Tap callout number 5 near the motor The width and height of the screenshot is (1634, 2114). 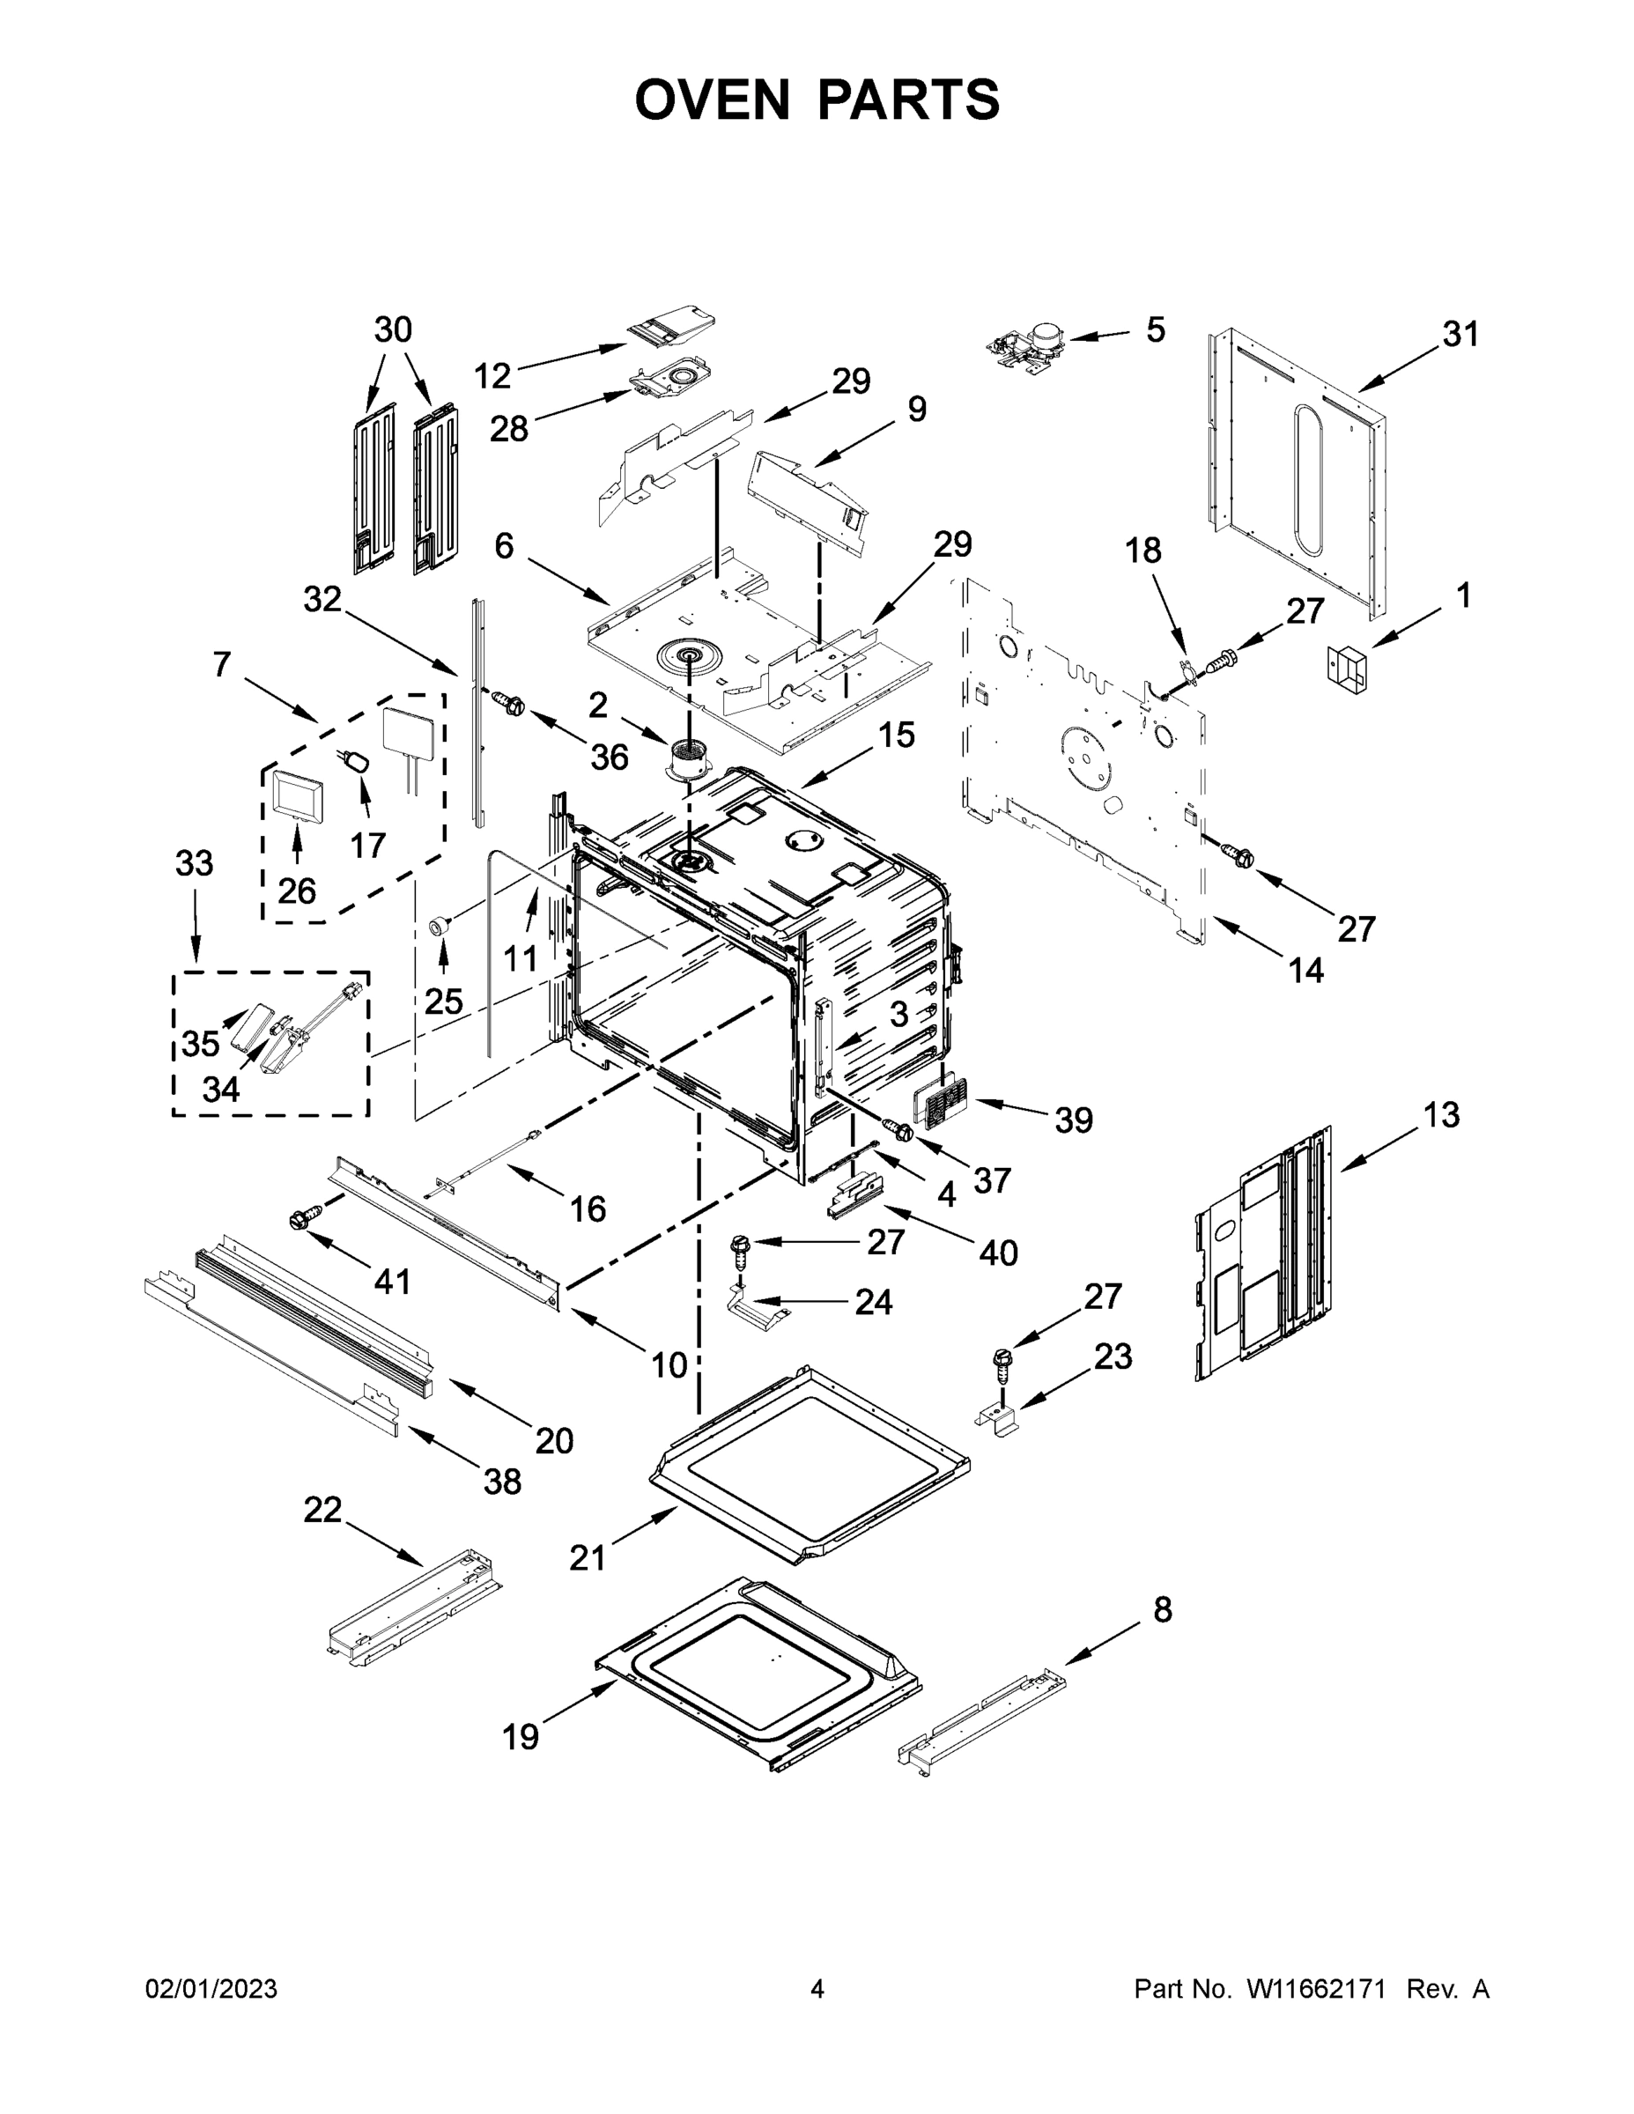tap(1155, 330)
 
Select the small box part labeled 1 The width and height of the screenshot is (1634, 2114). tap(1348, 668)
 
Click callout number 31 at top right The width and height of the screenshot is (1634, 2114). tap(1460, 335)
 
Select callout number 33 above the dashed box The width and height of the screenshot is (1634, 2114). tap(194, 862)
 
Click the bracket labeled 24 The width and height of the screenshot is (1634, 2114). tap(758, 1312)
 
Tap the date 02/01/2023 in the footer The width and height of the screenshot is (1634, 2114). tap(211, 1989)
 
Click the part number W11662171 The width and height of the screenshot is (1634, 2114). tap(1315, 1989)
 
